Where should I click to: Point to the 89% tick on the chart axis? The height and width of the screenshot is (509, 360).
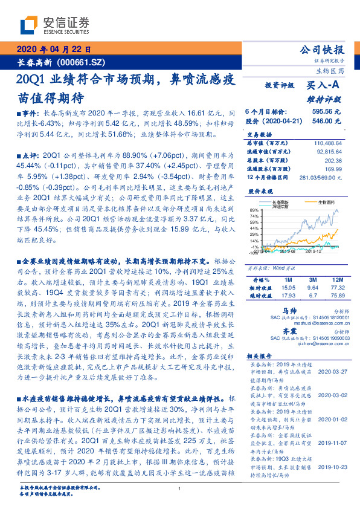pos(254,209)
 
